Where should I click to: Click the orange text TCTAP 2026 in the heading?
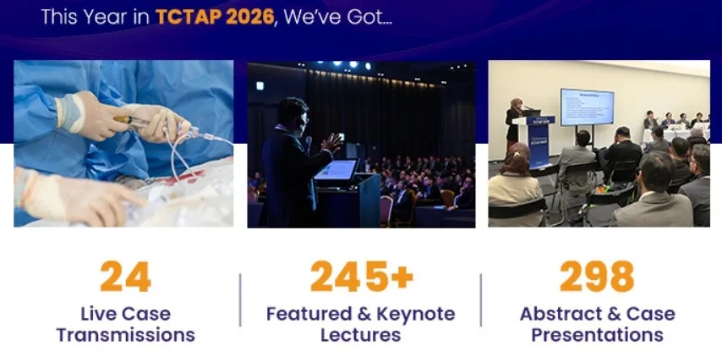pos(215,17)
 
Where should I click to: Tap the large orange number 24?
pos(125,277)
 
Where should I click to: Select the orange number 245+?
pos(362,277)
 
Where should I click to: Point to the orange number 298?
pos(597,277)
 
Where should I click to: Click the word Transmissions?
pos(126,335)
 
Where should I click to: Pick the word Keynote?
pos(416,314)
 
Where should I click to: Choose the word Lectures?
pos(360,335)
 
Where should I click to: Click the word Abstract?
pos(559,314)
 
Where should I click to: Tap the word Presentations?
pos(597,335)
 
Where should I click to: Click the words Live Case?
pos(126,314)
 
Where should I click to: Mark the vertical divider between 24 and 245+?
pos(240,299)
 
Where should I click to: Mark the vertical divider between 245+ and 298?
pos(481,299)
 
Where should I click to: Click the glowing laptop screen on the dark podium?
pos(336,170)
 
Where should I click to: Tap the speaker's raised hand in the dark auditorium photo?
pos(332,142)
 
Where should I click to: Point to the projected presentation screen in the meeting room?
pos(587,107)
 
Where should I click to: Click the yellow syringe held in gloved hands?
pos(131,121)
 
